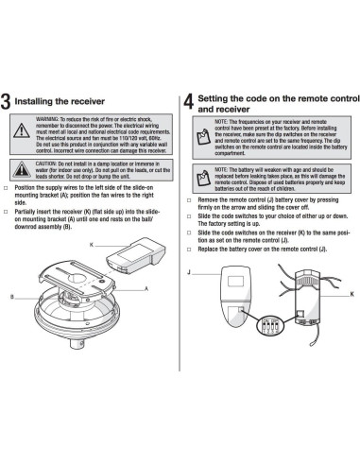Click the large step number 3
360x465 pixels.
point(9,103)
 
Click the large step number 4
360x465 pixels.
point(189,102)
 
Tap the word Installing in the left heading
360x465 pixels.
point(43,100)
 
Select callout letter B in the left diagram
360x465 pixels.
point(11,296)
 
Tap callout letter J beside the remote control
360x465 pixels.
point(190,271)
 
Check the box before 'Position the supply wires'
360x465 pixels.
point(8,188)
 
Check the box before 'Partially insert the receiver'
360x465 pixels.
point(8,209)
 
